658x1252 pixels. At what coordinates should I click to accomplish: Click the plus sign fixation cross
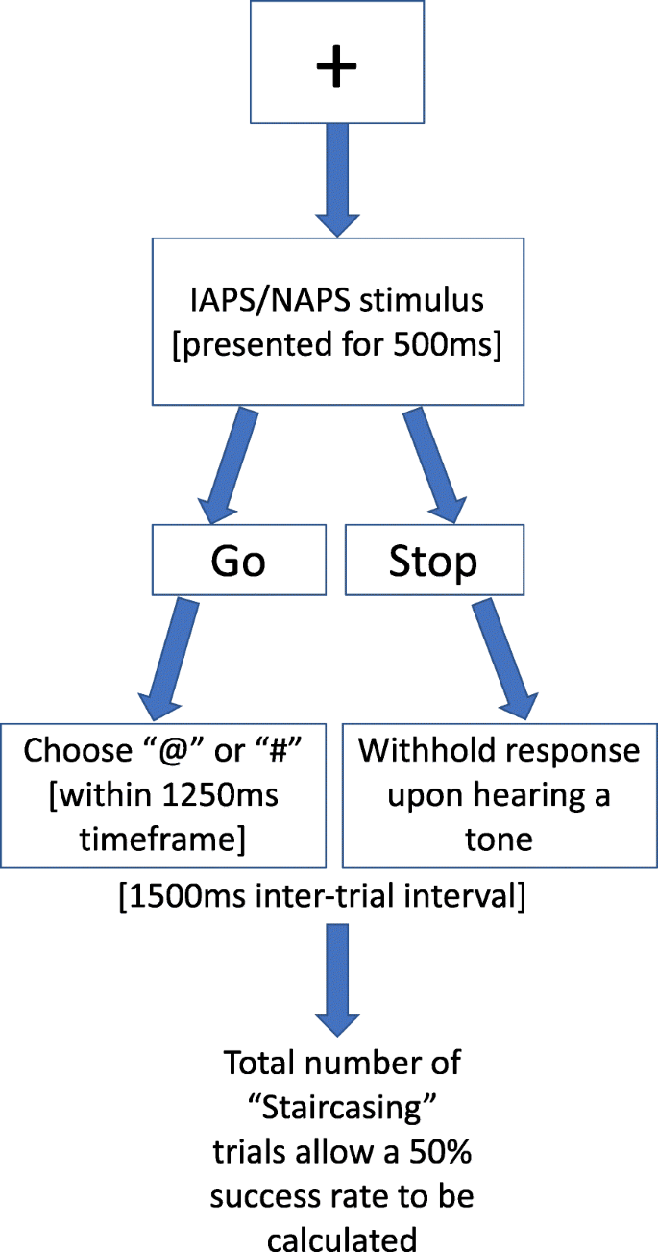tap(336, 66)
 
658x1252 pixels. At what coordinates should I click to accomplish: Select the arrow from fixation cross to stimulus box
tap(336, 183)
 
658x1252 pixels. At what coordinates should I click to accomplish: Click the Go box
tap(238, 562)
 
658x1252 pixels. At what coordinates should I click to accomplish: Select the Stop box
tap(432, 562)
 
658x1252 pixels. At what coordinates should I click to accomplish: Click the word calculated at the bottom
tap(343, 1233)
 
